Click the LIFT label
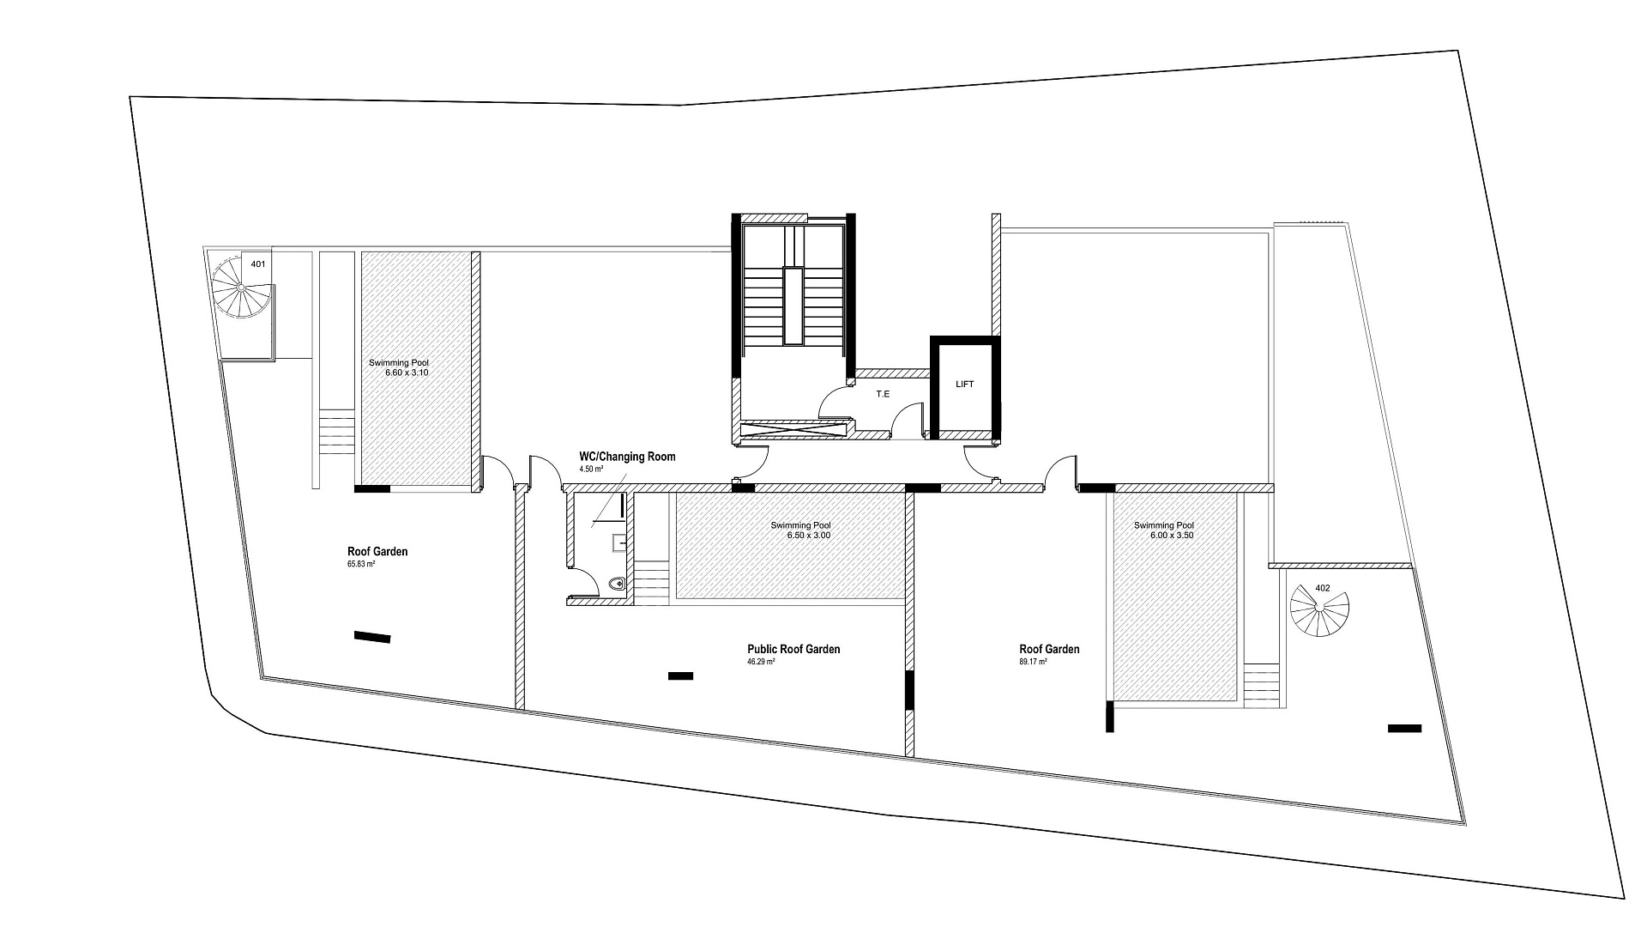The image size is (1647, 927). pos(965,385)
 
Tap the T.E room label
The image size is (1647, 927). pos(883,394)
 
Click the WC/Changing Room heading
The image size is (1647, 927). pos(627,457)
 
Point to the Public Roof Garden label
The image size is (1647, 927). pos(793,649)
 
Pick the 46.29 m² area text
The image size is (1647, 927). pos(761,662)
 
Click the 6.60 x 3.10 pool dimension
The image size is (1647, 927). pos(407,373)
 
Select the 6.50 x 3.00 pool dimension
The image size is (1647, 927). pos(809,535)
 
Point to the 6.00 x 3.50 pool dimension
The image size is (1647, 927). pos(1172,535)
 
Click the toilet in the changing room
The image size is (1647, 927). pos(616,585)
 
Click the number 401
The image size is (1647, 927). pos(257,264)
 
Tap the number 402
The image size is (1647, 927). pos(1322,588)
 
